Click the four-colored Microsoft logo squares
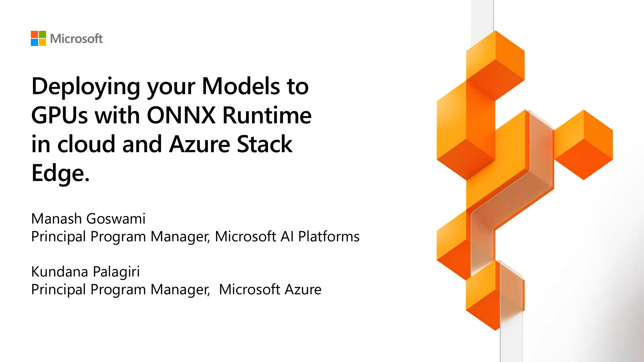pos(38,39)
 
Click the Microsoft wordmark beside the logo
pos(76,39)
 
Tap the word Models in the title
pos(241,86)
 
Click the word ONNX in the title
pos(181,115)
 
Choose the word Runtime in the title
pos(267,115)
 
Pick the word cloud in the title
pos(87,144)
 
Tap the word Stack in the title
pos(264,144)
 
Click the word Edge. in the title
pos(60,173)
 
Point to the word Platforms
pos(329,236)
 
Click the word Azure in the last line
pos(303,289)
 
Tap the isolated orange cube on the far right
pos(584,145)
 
